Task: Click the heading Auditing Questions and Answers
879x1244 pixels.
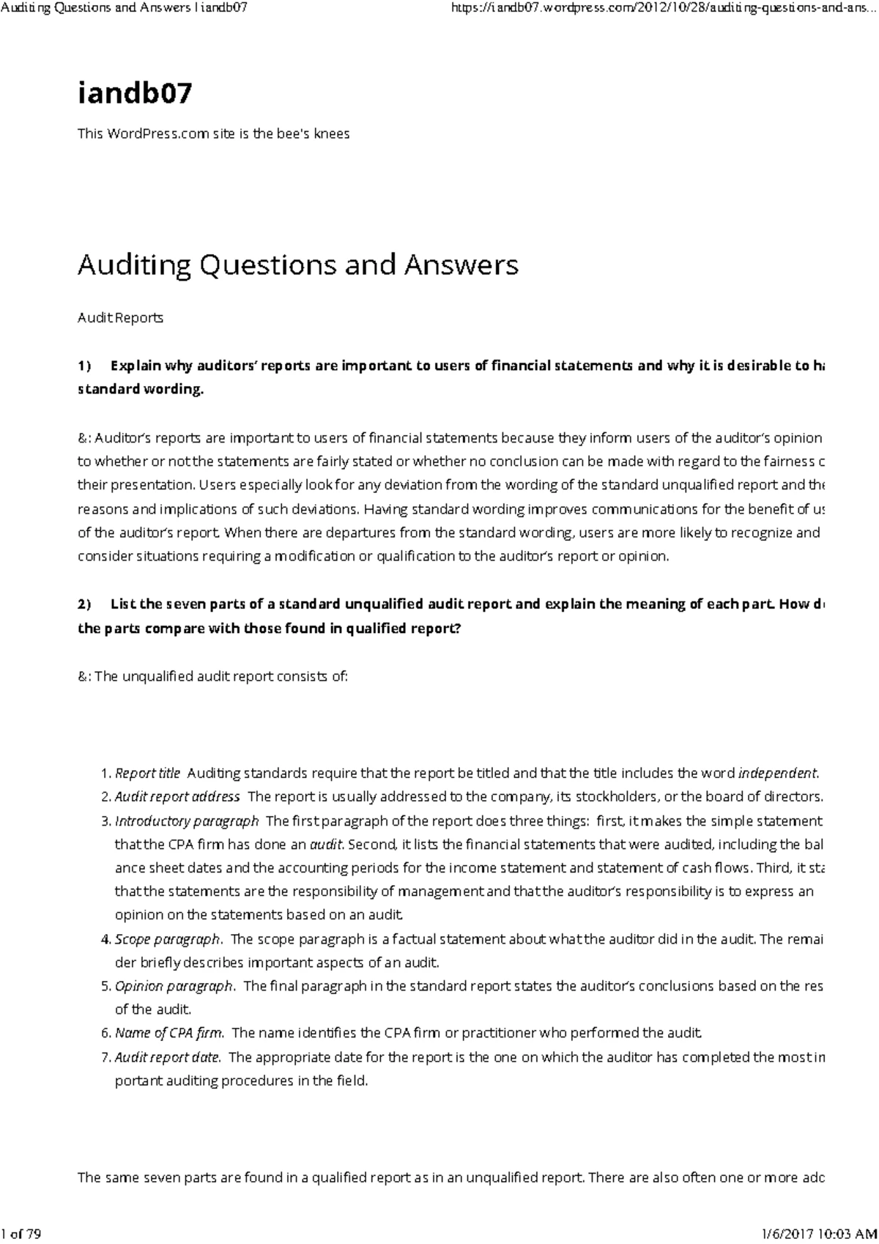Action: (297, 264)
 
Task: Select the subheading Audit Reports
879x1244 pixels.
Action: (120, 318)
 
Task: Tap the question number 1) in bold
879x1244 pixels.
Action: (84, 366)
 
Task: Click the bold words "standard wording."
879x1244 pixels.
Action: (140, 389)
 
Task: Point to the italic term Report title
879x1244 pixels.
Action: (147, 773)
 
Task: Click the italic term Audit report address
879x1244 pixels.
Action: (177, 796)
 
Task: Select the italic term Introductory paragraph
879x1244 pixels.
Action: (187, 821)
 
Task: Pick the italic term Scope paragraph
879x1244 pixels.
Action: (168, 939)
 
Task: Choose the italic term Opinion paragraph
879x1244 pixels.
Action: (174, 986)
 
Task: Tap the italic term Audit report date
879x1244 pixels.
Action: (168, 1057)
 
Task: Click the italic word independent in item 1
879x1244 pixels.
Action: (777, 773)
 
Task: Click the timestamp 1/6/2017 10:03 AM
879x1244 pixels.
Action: (815, 1234)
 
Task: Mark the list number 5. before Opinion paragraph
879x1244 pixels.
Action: (105, 986)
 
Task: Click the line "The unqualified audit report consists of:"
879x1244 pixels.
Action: (213, 676)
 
